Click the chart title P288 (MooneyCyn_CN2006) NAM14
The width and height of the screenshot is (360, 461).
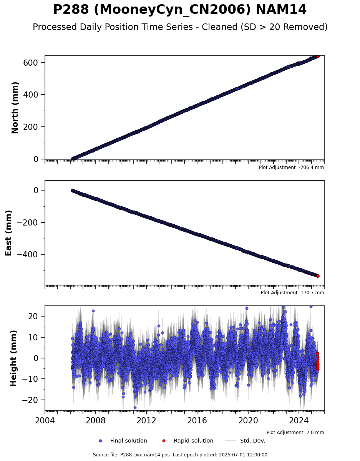(x=180, y=10)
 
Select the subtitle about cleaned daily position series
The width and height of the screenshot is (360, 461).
(x=180, y=27)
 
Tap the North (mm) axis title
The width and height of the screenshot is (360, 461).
(x=15, y=108)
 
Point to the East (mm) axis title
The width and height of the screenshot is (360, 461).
(x=8, y=233)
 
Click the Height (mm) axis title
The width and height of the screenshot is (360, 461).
(x=13, y=358)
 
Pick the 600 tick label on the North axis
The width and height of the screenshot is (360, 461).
(x=31, y=63)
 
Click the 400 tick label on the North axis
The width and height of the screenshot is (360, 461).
(x=31, y=95)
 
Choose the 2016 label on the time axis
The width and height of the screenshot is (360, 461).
(x=197, y=420)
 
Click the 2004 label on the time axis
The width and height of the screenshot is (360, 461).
(x=45, y=420)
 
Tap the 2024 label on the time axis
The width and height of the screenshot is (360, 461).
(x=299, y=420)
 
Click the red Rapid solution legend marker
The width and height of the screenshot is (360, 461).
(x=164, y=441)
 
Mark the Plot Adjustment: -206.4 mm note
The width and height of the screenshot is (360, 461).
(x=291, y=167)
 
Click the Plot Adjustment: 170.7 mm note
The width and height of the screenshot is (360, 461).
(x=292, y=293)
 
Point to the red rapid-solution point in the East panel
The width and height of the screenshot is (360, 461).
(x=318, y=276)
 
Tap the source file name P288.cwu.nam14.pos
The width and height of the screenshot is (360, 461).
(x=145, y=455)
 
